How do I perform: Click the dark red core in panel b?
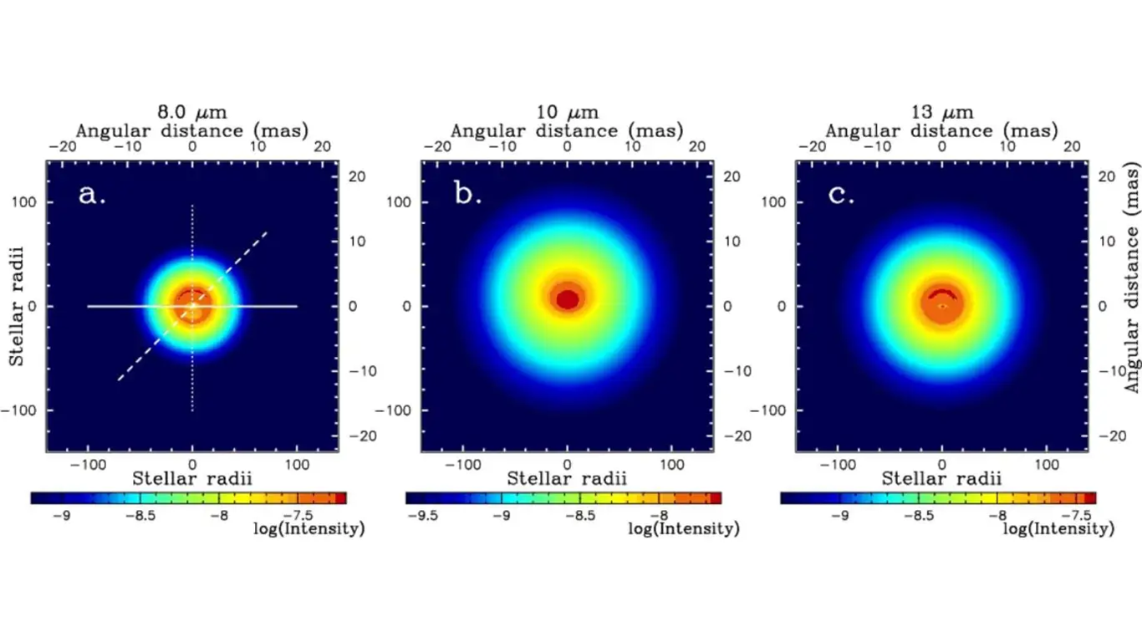[568, 298]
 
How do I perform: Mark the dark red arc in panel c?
[942, 293]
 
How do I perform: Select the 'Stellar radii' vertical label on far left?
[16, 306]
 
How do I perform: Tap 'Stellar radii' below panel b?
[568, 478]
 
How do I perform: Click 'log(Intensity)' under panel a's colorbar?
[308, 529]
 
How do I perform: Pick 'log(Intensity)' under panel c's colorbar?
[1058, 529]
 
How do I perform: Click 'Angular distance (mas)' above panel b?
[568, 130]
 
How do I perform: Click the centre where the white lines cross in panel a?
[193, 306]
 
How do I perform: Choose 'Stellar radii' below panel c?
[942, 478]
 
